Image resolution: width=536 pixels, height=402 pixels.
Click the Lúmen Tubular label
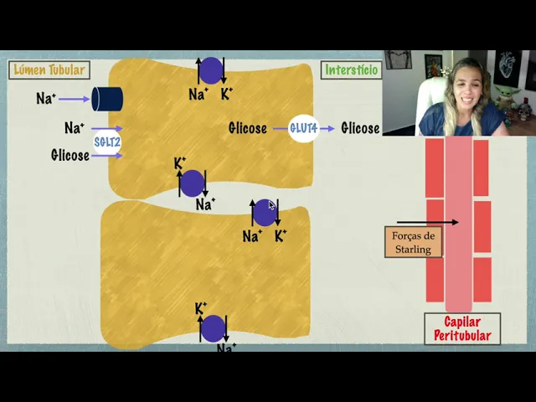pyautogui.click(x=49, y=70)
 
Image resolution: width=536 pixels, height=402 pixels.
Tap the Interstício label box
pyautogui.click(x=351, y=70)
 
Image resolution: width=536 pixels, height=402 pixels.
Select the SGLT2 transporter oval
pyautogui.click(x=107, y=142)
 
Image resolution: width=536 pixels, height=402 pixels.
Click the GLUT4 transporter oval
pyautogui.click(x=303, y=128)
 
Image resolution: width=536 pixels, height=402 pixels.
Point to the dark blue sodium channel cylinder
pyautogui.click(x=107, y=99)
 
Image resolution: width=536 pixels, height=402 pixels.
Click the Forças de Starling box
pyautogui.click(x=413, y=242)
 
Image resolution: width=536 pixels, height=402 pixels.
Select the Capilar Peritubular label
pyautogui.click(x=461, y=328)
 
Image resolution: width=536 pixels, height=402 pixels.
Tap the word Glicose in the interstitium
pyautogui.click(x=360, y=128)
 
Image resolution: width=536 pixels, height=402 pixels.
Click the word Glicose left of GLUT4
pyautogui.click(x=247, y=128)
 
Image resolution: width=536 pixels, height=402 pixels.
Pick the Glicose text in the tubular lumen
pyautogui.click(x=70, y=155)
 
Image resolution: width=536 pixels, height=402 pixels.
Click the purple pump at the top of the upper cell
pyautogui.click(x=211, y=70)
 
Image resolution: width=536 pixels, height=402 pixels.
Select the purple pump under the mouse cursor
pyautogui.click(x=265, y=213)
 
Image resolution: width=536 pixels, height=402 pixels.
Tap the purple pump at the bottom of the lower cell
pyautogui.click(x=213, y=328)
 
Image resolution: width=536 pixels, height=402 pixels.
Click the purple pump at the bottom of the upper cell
pyautogui.click(x=193, y=183)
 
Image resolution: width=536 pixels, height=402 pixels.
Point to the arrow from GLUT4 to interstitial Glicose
pyautogui.click(x=327, y=128)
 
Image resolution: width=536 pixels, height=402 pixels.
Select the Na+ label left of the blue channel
pyautogui.click(x=47, y=99)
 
